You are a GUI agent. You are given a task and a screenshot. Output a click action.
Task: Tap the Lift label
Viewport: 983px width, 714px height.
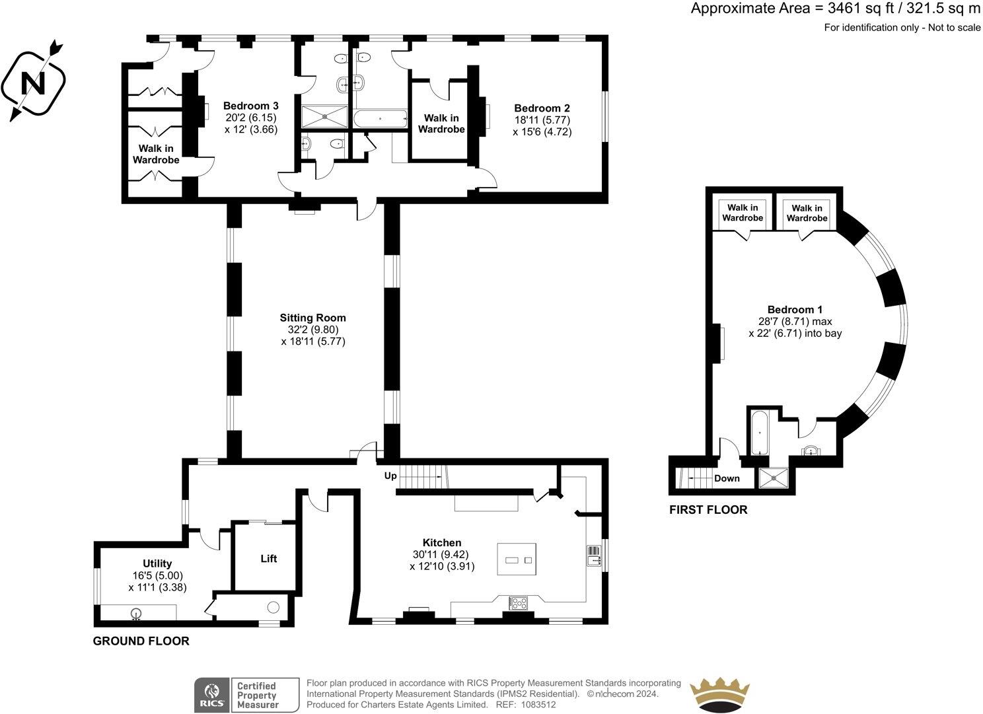click(x=268, y=559)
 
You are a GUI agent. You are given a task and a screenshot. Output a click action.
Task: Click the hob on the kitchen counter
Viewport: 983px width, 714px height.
click(x=517, y=602)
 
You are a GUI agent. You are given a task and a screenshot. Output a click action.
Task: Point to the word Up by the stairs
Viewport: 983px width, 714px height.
click(x=391, y=476)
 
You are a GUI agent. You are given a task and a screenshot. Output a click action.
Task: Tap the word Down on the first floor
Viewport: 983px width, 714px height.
click(x=727, y=478)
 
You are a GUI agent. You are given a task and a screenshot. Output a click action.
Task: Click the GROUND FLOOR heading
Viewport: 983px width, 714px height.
click(x=141, y=641)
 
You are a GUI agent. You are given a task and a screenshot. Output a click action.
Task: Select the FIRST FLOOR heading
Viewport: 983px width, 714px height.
click(x=708, y=510)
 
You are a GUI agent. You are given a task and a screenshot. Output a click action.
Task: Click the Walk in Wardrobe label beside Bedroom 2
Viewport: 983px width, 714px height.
click(x=441, y=124)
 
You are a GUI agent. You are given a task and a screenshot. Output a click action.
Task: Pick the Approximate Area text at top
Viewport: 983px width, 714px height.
click(x=835, y=9)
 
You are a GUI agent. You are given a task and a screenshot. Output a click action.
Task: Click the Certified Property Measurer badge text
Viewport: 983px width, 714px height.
click(x=257, y=696)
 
